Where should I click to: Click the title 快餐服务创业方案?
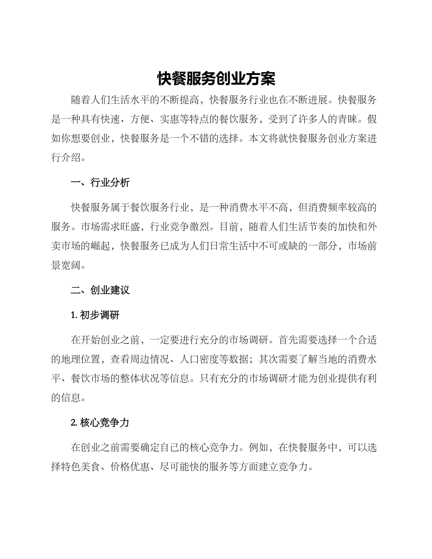pos(216,79)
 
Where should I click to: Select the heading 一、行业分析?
pos(100,183)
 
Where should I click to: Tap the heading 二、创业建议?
pos(100,290)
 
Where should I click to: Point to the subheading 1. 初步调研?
pos(95,315)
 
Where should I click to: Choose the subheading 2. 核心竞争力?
pos(100,422)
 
